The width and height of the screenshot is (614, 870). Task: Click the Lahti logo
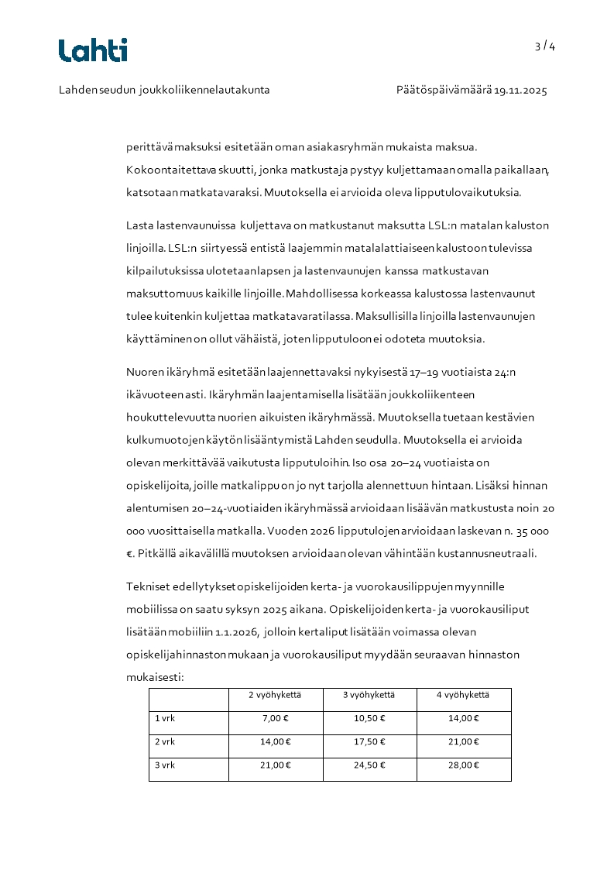coord(93,50)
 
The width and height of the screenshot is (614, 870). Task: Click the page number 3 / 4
coord(545,46)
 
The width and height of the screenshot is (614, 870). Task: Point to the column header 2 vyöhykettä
coord(275,695)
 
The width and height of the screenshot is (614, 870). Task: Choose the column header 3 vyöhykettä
coord(369,695)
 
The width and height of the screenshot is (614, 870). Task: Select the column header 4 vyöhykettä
coord(463,695)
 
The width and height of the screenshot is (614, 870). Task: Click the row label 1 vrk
coord(165,718)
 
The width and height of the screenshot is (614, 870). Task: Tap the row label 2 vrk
coord(165,741)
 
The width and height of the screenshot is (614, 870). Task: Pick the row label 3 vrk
coord(165,765)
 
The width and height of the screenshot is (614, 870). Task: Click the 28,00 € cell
coord(463,765)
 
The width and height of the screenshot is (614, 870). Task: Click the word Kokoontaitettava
coord(165,169)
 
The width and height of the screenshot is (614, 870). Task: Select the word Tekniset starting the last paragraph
coord(147,586)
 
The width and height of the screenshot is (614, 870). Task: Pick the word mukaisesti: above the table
coord(154,676)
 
